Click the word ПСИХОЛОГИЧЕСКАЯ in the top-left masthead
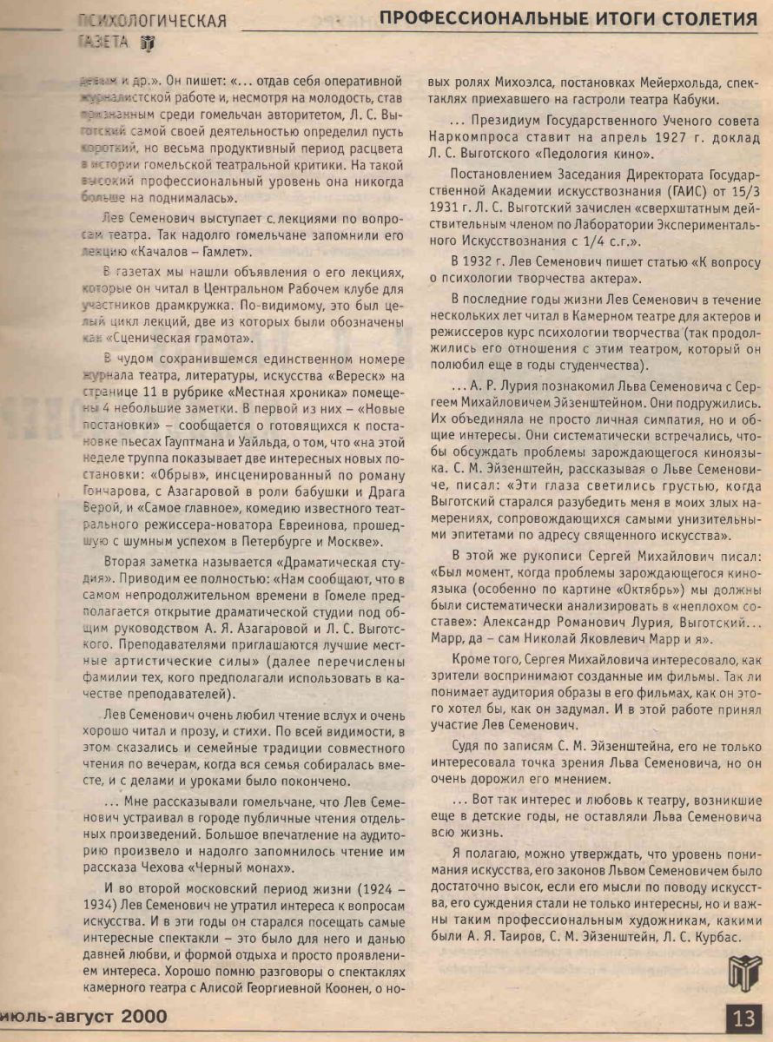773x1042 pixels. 152,21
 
